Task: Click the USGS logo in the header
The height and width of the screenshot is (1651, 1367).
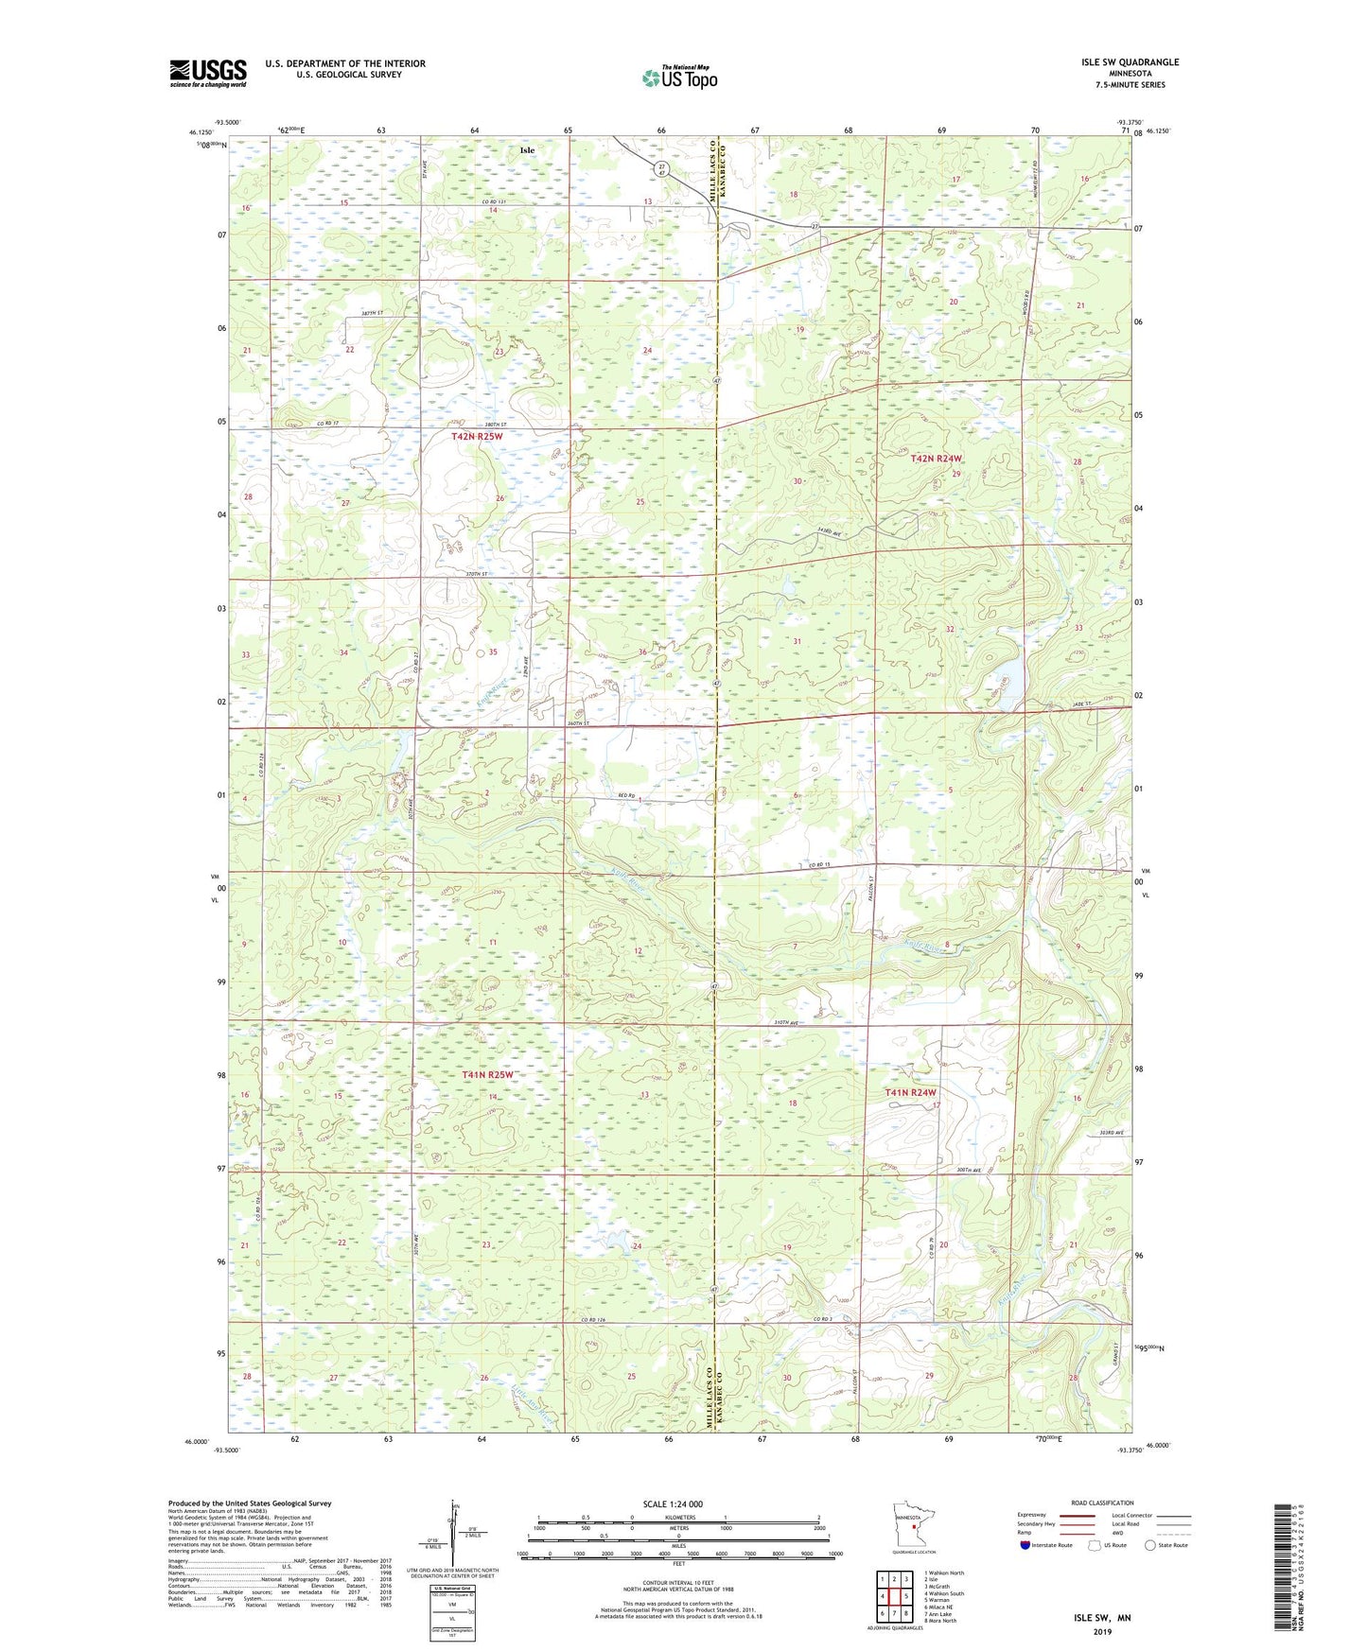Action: [208, 73]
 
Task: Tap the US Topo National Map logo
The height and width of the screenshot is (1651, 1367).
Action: [678, 78]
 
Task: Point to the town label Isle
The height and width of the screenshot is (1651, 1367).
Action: [527, 150]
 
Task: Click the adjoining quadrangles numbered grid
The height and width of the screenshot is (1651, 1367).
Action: [894, 1597]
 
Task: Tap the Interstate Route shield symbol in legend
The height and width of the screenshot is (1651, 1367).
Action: [1025, 1545]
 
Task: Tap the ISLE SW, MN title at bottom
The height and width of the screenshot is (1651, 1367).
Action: [1102, 1618]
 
